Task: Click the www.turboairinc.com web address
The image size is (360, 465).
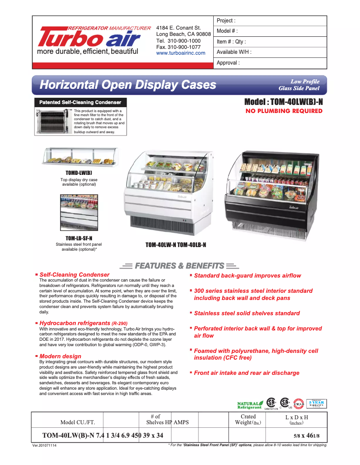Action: pos(180,53)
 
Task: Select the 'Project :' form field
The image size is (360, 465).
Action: pos(270,21)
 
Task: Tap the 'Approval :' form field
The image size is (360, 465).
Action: pos(270,63)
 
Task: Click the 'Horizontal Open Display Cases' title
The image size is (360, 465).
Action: pos(128,85)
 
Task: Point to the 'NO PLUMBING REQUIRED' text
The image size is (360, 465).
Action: pos(284,111)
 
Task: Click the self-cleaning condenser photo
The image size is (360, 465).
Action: pos(53,121)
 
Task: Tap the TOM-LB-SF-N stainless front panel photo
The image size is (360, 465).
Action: pos(79,213)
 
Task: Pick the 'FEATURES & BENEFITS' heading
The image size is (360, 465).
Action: pos(179,266)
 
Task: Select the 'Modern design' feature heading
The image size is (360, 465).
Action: pos(60,356)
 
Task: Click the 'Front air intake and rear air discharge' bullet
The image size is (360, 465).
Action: pos(246,373)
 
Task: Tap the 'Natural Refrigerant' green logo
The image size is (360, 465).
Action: pos(250,405)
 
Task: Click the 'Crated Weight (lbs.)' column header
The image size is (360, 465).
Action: pos(248,420)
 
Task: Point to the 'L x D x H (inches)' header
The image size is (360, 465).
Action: pos(296,420)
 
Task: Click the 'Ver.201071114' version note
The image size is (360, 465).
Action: pos(44,446)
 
